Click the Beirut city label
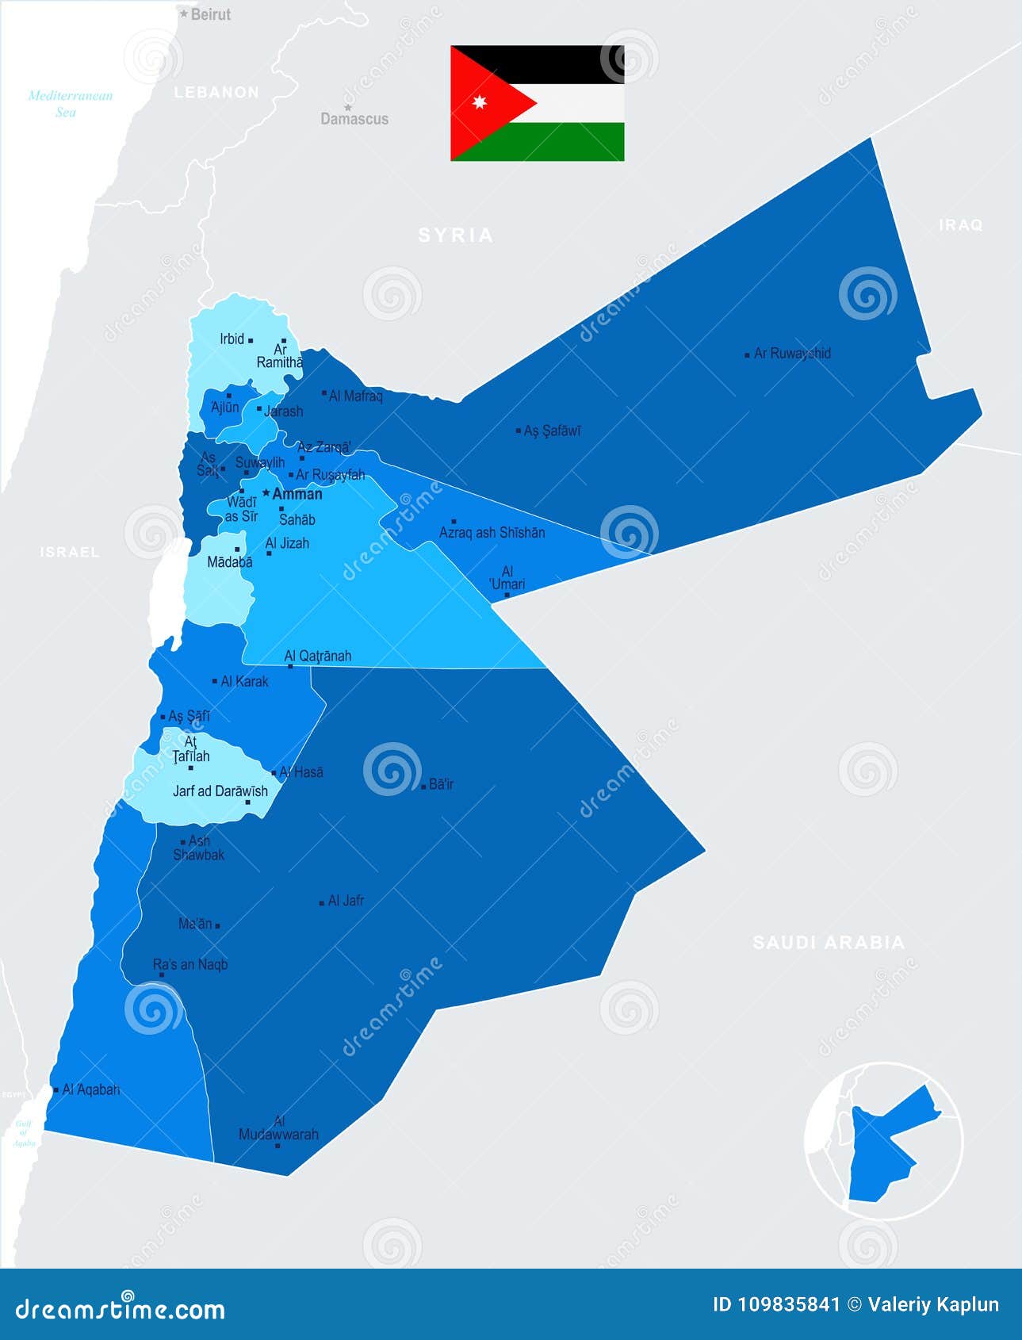coord(211,14)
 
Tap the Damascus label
coord(354,119)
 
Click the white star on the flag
coord(478,102)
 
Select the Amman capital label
coord(297,494)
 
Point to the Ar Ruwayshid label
coord(792,354)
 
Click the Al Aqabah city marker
coord(56,1090)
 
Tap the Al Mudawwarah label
coord(278,1128)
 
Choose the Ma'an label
coord(195,924)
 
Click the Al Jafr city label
coord(346,901)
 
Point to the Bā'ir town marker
coord(423,786)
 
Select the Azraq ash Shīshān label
coord(492,533)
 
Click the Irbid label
coord(232,339)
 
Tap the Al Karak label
coord(244,681)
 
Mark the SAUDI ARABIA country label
coord(828,942)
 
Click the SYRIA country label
coord(456,235)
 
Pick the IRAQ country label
coord(961,225)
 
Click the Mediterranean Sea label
coord(70,104)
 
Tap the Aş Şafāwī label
coord(553,431)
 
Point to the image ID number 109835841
coord(776,1305)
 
